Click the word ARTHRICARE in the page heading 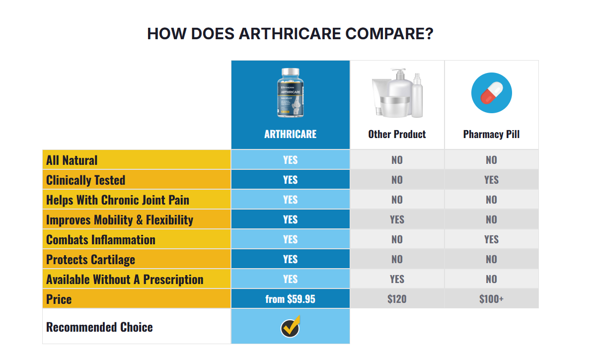point(290,34)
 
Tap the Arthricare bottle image point(290,93)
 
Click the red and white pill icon point(491,93)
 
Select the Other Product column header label point(397,134)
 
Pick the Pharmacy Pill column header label point(491,134)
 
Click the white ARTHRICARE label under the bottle point(290,134)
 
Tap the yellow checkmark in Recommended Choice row point(290,326)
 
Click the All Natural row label point(72,160)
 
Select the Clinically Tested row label point(85,180)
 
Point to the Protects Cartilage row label point(90,259)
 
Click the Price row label point(59,299)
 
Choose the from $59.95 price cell point(290,299)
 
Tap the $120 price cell point(397,299)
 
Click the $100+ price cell point(491,299)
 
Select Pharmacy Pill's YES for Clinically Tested point(491,180)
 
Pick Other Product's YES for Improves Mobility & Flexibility point(397,219)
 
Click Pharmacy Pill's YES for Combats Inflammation point(491,239)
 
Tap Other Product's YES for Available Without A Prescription point(397,279)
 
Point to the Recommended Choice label point(99,327)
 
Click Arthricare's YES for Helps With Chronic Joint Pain point(290,200)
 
